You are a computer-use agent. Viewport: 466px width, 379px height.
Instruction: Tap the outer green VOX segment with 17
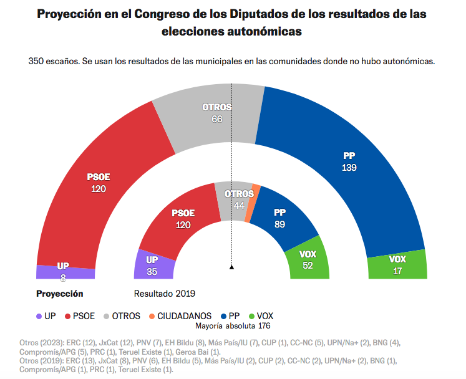click(x=397, y=265)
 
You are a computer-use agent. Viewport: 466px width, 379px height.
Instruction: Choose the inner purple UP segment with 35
click(x=152, y=264)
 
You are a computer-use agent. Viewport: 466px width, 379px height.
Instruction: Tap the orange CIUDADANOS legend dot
click(x=152, y=316)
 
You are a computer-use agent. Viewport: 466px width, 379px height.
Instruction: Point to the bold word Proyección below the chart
click(x=59, y=293)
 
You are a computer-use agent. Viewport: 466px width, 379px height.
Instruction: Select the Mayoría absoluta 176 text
click(x=233, y=326)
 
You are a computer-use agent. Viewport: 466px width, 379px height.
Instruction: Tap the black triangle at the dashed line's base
click(x=232, y=267)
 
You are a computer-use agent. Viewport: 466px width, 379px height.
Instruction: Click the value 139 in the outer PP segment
click(x=349, y=168)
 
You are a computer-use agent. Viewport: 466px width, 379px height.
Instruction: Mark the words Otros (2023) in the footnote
click(x=42, y=342)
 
